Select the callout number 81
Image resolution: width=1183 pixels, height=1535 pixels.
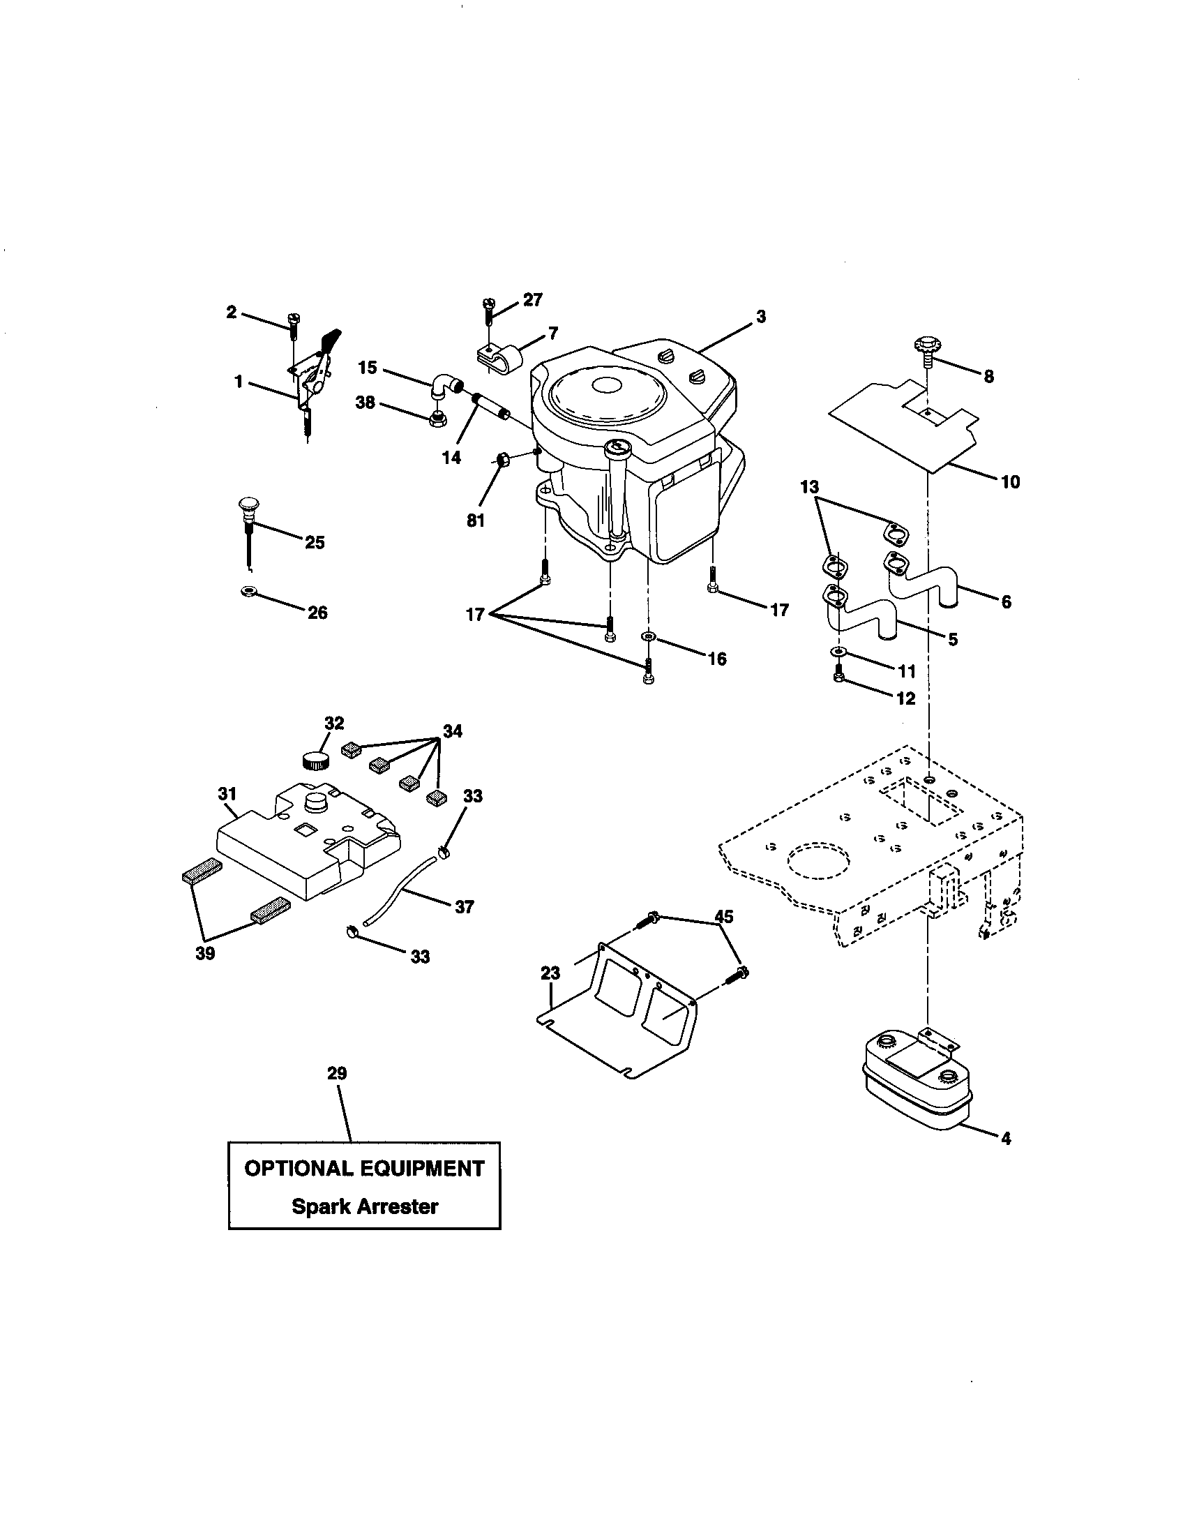pyautogui.click(x=476, y=521)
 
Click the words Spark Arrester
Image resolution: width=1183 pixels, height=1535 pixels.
pyautogui.click(x=365, y=1207)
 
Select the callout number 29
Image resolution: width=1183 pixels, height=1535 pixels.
pyautogui.click(x=337, y=1073)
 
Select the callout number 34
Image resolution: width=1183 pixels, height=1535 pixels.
pyautogui.click(x=453, y=731)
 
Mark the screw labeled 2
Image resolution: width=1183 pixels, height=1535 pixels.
pyautogui.click(x=293, y=325)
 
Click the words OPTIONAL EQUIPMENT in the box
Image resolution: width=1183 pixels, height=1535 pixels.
pyautogui.click(x=364, y=1168)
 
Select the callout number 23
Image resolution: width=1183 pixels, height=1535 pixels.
pyautogui.click(x=550, y=973)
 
